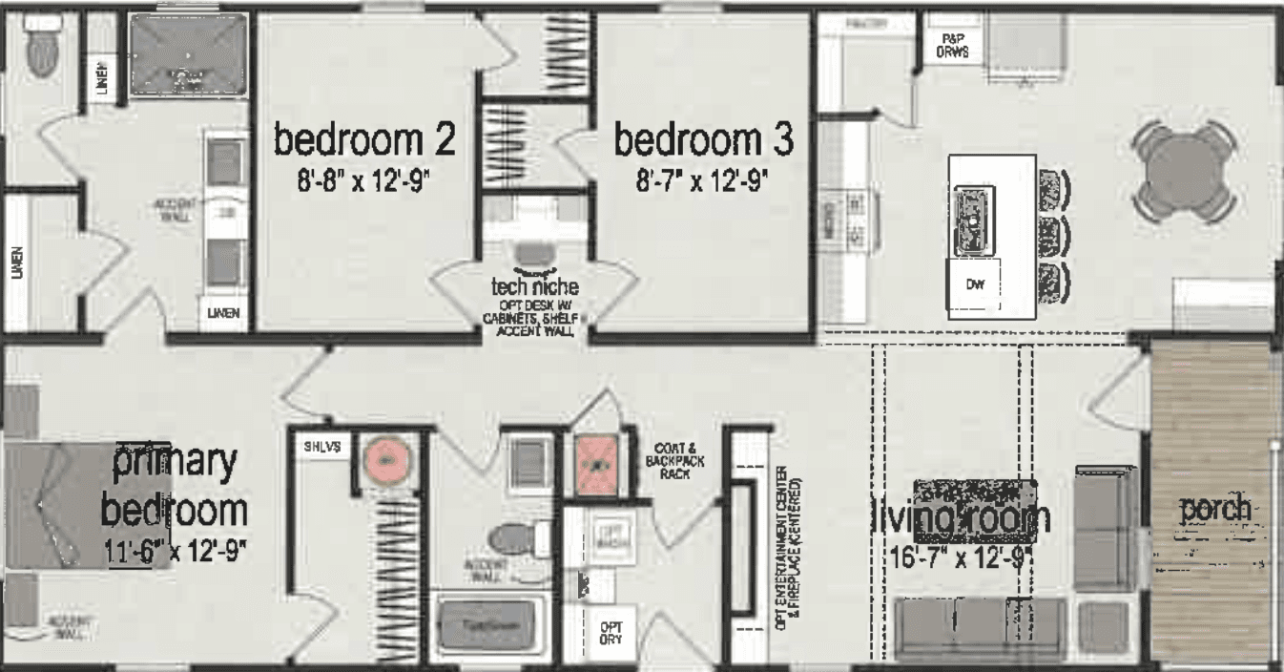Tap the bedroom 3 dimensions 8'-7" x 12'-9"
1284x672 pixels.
[x=702, y=180]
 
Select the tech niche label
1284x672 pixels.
[x=534, y=286]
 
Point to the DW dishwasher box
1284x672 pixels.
[x=974, y=284]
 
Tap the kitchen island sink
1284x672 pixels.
[x=974, y=220]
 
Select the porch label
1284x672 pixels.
[x=1214, y=510]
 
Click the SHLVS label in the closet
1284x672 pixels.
[x=316, y=446]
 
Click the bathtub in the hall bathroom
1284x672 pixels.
[x=489, y=625]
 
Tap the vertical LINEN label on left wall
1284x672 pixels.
[x=17, y=262]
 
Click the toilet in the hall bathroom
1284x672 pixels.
[x=515, y=539]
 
